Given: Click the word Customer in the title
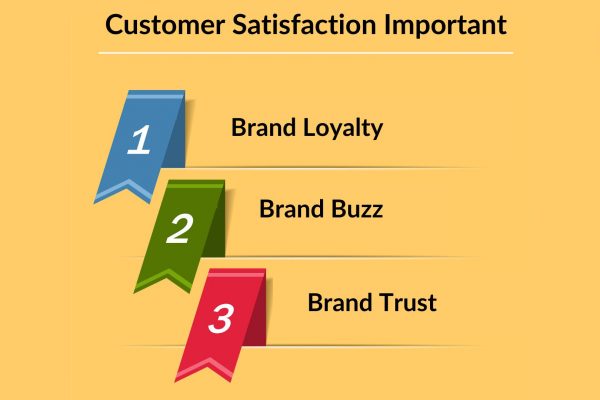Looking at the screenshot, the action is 165,25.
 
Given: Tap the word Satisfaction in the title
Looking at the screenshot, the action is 304,25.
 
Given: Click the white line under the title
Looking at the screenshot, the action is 305,53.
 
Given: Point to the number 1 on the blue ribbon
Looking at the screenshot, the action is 139,140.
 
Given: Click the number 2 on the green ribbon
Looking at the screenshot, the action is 179,229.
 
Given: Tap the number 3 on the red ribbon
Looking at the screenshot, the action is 221,318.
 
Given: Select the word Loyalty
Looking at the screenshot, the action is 343,128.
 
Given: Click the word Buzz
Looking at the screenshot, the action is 357,209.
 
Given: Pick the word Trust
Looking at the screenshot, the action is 408,302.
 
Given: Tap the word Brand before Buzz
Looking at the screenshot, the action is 292,209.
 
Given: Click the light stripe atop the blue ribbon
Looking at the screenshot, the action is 155,97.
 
